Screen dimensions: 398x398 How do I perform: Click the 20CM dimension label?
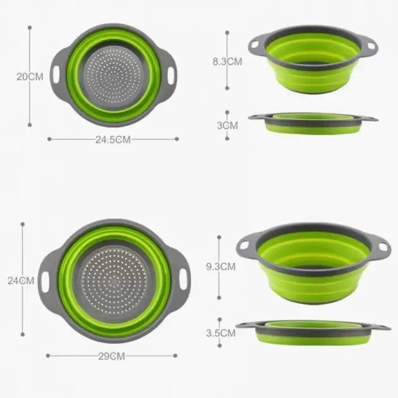[x=30, y=77]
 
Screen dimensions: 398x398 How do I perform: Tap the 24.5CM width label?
[x=112, y=140]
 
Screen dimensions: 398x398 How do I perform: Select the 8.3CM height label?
[x=227, y=62]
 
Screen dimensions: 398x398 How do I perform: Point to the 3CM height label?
[x=227, y=126]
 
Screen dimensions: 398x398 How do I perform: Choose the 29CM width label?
[x=112, y=356]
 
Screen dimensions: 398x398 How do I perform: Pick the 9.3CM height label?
[x=220, y=267]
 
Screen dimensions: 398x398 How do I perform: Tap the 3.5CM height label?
[x=221, y=333]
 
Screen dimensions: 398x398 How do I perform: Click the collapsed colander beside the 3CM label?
[x=313, y=124]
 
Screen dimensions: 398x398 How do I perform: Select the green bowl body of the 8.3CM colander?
[x=313, y=73]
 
